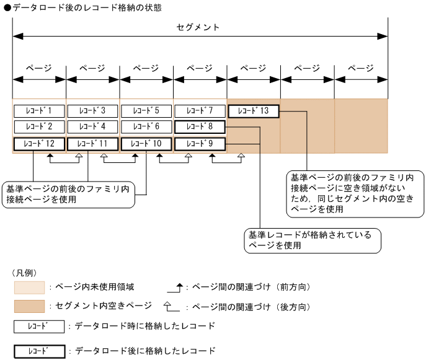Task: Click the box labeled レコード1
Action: [x=38, y=112]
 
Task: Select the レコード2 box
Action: [x=38, y=127]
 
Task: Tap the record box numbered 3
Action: [x=92, y=112]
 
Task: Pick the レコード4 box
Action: [x=92, y=127]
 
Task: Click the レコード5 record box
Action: [x=146, y=112]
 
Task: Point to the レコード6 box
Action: [x=146, y=127]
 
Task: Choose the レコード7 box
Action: [x=200, y=112]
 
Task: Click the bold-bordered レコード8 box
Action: [x=200, y=127]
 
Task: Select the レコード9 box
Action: [x=200, y=144]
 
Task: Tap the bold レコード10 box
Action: [x=146, y=144]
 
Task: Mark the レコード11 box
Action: [x=92, y=144]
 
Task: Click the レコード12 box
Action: [x=38, y=144]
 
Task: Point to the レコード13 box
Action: [x=254, y=112]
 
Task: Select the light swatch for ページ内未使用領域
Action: [x=29, y=288]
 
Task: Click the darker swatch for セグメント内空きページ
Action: [x=29, y=307]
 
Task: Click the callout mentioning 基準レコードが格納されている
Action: [x=311, y=240]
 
